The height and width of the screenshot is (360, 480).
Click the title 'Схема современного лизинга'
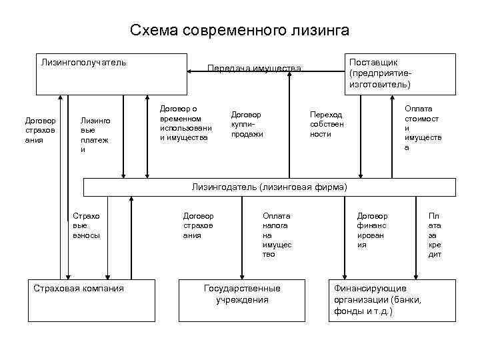[x=239, y=30]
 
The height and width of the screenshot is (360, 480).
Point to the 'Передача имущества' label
[x=255, y=68]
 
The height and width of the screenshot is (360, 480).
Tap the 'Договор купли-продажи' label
[x=247, y=124]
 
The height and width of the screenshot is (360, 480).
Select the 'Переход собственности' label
[x=326, y=124]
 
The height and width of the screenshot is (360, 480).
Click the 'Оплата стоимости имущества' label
[x=418, y=127]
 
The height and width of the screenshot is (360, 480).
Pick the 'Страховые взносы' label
[x=85, y=225]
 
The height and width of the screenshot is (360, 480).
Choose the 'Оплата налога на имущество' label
[x=277, y=235]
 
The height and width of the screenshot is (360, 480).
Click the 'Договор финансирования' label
[x=372, y=230]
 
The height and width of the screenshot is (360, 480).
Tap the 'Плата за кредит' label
[x=435, y=235]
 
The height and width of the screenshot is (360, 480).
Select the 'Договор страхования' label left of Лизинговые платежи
[x=41, y=131]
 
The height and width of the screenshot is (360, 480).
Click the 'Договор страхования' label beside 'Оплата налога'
[x=198, y=225]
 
